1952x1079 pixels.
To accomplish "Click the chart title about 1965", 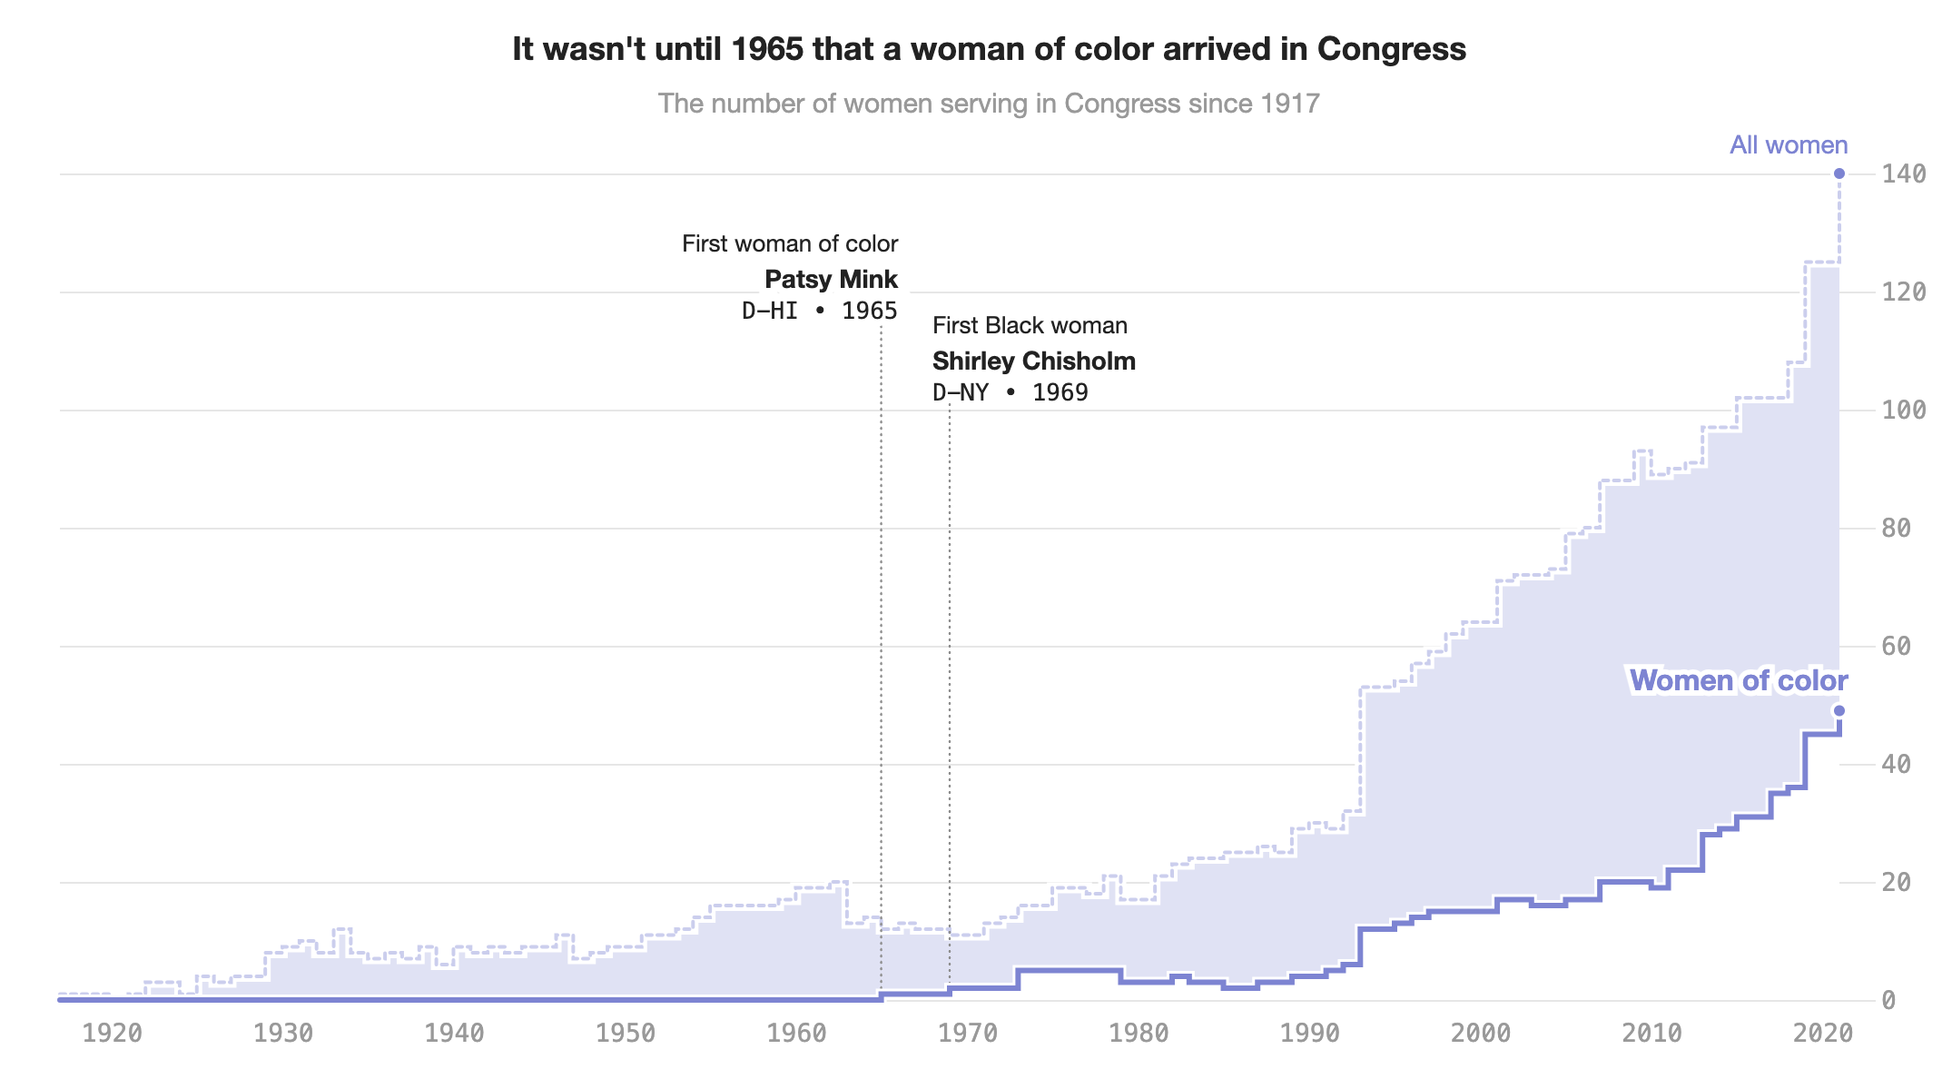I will [989, 49].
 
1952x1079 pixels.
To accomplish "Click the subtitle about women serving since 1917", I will [989, 104].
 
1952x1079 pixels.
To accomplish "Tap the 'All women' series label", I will [1788, 145].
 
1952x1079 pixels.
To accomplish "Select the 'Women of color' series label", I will [1738, 680].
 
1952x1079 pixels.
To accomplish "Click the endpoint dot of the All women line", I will [1839, 173].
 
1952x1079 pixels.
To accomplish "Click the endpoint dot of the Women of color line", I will [1839, 711].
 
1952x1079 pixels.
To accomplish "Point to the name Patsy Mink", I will [831, 279].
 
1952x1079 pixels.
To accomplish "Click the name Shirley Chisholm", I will [1033, 361].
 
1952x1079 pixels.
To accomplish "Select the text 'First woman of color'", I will [790, 243].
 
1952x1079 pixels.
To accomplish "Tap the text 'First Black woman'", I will [1030, 325].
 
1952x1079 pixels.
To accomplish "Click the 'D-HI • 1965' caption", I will [819, 311].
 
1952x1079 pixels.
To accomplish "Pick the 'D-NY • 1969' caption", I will [1010, 392].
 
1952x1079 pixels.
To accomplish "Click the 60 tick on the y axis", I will [1897, 647].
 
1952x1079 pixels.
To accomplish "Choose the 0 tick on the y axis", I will [1888, 1001].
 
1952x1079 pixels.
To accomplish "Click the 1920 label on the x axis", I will [112, 1034].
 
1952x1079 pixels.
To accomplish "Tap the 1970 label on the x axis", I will [968, 1034].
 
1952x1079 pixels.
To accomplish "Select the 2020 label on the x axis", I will [1824, 1034].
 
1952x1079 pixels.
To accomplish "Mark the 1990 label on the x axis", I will [1310, 1034].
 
